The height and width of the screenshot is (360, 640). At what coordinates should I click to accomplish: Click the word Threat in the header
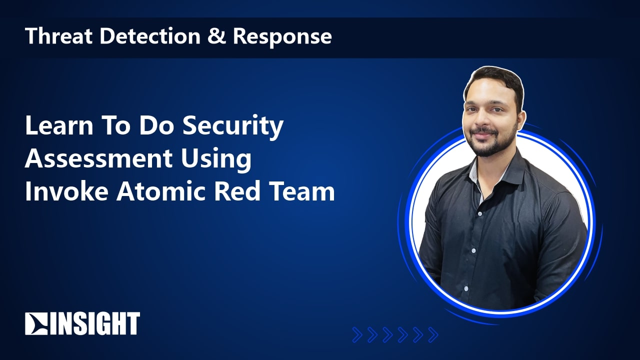pos(58,35)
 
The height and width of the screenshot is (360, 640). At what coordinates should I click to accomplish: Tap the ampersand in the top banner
pos(216,35)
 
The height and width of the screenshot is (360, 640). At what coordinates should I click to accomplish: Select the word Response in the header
pos(282,37)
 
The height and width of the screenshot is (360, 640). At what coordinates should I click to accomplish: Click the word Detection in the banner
pos(149,35)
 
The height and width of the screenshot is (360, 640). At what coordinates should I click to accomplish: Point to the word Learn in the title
pos(59,125)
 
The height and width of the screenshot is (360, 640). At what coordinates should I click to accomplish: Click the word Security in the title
pos(233,127)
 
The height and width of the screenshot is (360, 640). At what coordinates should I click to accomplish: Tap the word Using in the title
pos(216,160)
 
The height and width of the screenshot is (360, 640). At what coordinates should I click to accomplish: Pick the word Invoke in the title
pos(66,191)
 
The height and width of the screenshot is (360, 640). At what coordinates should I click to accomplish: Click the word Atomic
pos(161,191)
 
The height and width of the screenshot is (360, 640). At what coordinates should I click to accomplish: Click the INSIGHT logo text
pos(95,323)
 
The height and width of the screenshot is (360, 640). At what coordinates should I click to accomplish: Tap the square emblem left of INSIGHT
pos(36,323)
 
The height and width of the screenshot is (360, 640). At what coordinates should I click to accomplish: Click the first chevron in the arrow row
pos(357,335)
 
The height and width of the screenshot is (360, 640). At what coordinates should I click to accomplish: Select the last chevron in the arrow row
pos(433,335)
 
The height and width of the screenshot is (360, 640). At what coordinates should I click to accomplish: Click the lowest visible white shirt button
pos(466,288)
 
